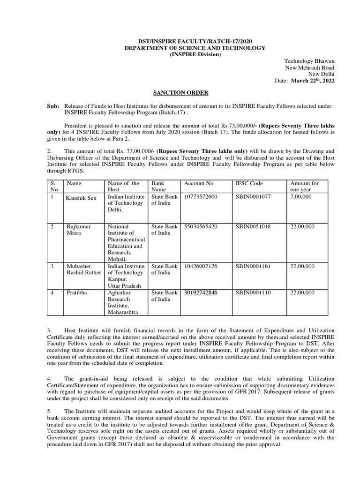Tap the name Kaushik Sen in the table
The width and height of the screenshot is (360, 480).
[82, 198]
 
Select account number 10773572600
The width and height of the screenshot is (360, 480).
[201, 197]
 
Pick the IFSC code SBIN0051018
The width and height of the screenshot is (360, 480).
[253, 226]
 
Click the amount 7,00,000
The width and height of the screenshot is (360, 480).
[301, 197]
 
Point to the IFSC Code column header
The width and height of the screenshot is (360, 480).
[249, 183]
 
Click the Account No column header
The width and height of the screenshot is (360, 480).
[199, 183]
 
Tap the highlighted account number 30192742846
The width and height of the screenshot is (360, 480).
[201, 292]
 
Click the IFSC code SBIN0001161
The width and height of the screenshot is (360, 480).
[253, 266]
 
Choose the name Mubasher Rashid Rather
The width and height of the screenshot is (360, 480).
[83, 270]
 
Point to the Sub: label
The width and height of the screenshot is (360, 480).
[53, 107]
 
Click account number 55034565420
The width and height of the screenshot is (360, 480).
[201, 226]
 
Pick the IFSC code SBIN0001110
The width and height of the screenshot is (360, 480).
[253, 292]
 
